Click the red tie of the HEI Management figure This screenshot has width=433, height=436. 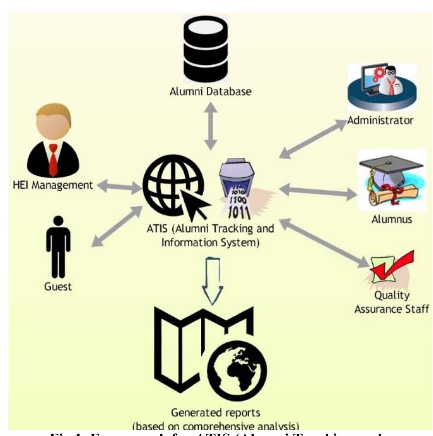[x=53, y=159]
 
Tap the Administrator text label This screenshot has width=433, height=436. [x=380, y=121]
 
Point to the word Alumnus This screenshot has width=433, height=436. [x=392, y=219]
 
